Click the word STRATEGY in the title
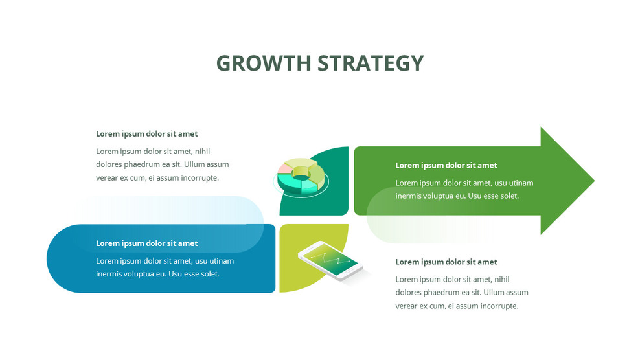371,63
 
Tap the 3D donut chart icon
301,177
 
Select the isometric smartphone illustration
330,260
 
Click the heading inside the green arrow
446,165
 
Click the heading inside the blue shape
147,243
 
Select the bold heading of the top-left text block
147,134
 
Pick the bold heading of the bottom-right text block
446,262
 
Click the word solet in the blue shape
209,274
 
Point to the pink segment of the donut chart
284,170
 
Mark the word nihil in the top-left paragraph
207,152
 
